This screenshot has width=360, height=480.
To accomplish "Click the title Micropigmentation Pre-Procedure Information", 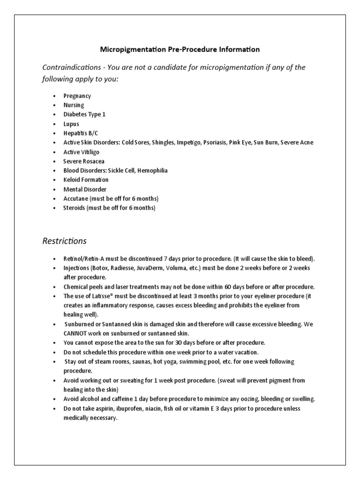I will (180, 49).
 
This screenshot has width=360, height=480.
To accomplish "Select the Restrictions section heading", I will (64, 241).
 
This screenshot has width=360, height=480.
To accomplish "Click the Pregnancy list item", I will (77, 96).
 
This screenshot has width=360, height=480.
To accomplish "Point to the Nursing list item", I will (74, 105).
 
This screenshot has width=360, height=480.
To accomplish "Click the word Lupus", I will (71, 124).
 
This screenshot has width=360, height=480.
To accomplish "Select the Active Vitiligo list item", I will (81, 152).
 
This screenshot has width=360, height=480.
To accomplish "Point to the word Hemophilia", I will (152, 171).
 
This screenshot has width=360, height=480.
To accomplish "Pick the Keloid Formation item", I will (86, 180).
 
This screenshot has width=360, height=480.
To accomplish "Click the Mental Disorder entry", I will (84, 189).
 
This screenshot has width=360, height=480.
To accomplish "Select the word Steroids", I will (74, 208).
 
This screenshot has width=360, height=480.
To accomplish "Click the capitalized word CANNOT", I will (76, 333).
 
